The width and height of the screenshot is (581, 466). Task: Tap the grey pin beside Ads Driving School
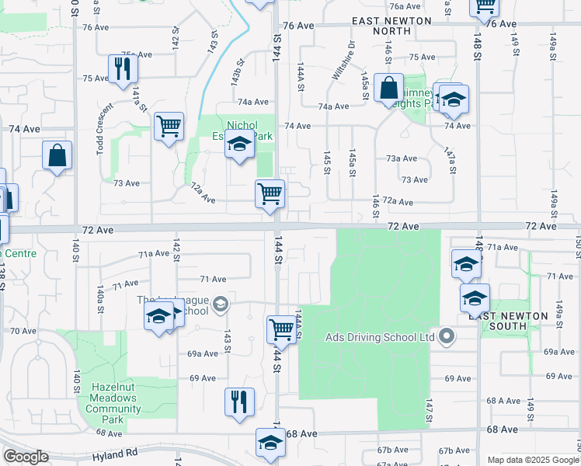click(x=446, y=336)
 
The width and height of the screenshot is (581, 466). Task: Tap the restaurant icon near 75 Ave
click(x=123, y=68)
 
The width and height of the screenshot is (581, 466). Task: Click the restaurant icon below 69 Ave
click(x=239, y=402)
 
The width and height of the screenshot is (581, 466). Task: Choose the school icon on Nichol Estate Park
click(x=240, y=144)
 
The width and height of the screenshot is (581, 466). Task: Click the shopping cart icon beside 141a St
click(x=169, y=125)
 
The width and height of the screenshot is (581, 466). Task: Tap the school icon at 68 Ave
click(x=270, y=443)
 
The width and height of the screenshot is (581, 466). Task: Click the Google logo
click(x=26, y=457)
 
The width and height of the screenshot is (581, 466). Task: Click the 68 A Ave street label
click(x=503, y=401)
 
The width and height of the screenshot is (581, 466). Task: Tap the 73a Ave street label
click(x=402, y=158)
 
